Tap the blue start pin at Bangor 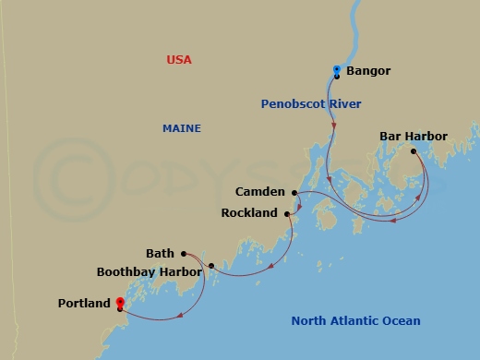coord(337,70)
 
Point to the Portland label coord(84,303)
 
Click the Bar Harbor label coord(414,137)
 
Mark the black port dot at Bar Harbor coord(414,151)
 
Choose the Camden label coord(260,193)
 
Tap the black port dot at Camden coord(294,193)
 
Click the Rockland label coord(249,213)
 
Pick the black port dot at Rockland coord(287,213)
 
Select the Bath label coord(160,253)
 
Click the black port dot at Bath coord(184,253)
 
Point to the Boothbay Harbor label coord(149,272)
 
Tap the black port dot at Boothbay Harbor coord(211,267)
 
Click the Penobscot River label coord(310,104)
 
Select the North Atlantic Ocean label coord(355,321)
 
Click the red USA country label coord(179,60)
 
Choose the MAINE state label coord(182,128)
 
